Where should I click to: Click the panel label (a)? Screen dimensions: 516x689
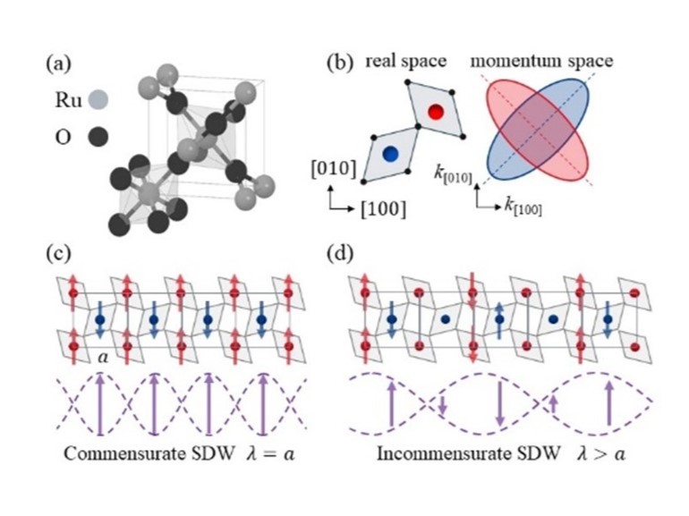(x=59, y=65)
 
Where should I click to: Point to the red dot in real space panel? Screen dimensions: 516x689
(x=436, y=112)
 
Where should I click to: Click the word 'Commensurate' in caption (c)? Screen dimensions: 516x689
(x=107, y=453)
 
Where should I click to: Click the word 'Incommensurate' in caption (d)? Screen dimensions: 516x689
(x=430, y=453)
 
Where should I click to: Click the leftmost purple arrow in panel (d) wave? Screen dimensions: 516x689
(x=391, y=407)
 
